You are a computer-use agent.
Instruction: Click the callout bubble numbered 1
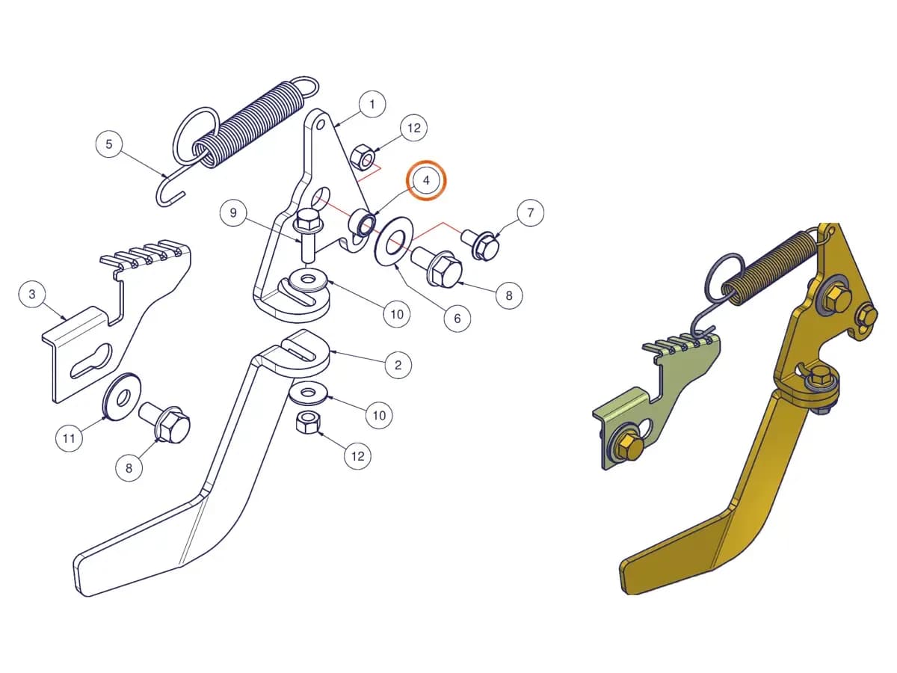point(372,105)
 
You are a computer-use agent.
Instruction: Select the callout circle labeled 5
point(108,144)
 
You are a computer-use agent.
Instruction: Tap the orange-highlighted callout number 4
point(426,180)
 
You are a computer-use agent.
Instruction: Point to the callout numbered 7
point(530,212)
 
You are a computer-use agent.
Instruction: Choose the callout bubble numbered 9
point(233,212)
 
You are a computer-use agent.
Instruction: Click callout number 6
point(457,319)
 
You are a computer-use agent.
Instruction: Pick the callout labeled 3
point(32,294)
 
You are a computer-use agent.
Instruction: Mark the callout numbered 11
point(69,438)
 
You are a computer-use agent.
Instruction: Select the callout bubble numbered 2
point(398,365)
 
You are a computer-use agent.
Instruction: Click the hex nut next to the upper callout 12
point(361,156)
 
